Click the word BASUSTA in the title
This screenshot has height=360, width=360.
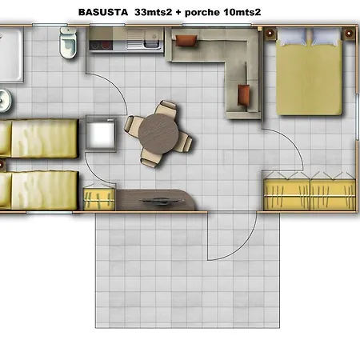[x=103, y=12]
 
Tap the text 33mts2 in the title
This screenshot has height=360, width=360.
[x=153, y=12]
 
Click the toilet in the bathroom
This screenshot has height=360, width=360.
[x=68, y=42]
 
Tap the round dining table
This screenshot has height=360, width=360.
[x=158, y=134]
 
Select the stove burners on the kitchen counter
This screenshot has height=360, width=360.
[x=101, y=45]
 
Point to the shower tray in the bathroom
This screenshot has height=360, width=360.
[x=11, y=54]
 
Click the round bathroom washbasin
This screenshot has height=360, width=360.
[x=5, y=100]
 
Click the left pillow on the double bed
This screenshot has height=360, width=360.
[x=293, y=37]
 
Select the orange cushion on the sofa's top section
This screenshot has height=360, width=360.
[x=186, y=41]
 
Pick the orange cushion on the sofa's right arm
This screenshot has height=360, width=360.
[x=243, y=94]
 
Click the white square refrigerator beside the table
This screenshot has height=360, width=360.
[x=101, y=134]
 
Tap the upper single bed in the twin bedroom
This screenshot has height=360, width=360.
[x=39, y=138]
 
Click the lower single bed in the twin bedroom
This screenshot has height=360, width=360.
[x=39, y=190]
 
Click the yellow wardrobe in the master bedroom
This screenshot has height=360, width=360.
[x=310, y=194]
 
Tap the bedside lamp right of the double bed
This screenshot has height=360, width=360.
[x=349, y=34]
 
